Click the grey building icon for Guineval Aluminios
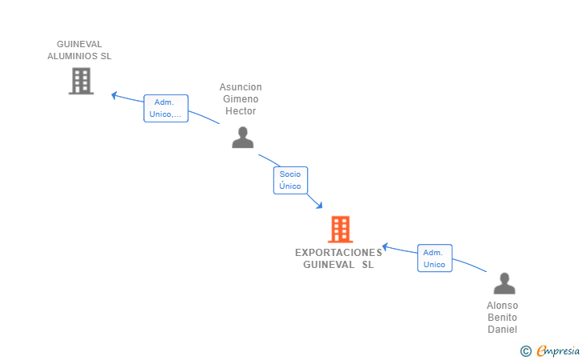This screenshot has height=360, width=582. tap(81, 81)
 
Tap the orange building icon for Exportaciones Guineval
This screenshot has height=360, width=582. tap(340, 230)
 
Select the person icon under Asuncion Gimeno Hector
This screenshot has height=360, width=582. tap(242, 138)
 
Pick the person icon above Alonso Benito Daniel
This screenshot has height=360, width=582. tap(504, 283)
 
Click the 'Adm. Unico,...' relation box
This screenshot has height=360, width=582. tap(165, 108)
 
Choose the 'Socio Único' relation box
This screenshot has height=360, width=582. tap(290, 180)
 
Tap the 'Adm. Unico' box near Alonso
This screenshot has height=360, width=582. tap(434, 258)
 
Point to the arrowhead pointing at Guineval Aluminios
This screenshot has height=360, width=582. tap(115, 95)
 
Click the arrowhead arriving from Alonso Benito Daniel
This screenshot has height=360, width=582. tap(385, 246)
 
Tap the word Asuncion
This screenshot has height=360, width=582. tap(241, 87)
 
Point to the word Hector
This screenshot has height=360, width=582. tap(241, 111)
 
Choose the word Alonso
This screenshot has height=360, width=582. tap(502, 306)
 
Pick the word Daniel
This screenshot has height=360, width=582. tap(502, 330)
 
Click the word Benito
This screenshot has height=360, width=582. tap(502, 318)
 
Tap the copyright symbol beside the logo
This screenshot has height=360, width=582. tap(525, 351)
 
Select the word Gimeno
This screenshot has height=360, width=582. tap(241, 99)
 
